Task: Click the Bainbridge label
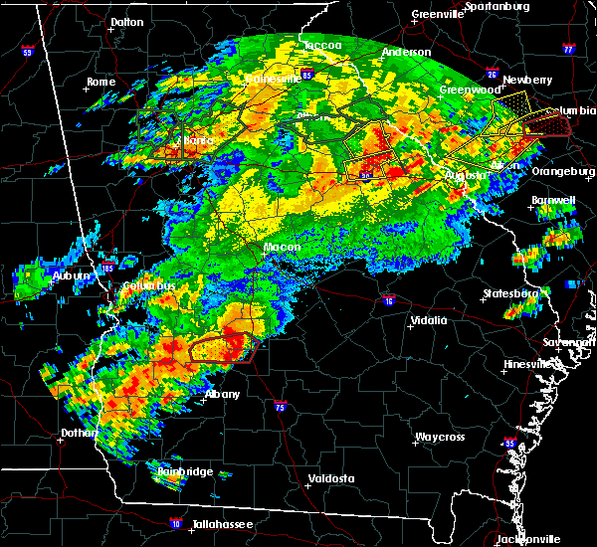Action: pos(187,471)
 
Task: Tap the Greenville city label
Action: pos(440,15)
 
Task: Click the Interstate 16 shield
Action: pos(388,299)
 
